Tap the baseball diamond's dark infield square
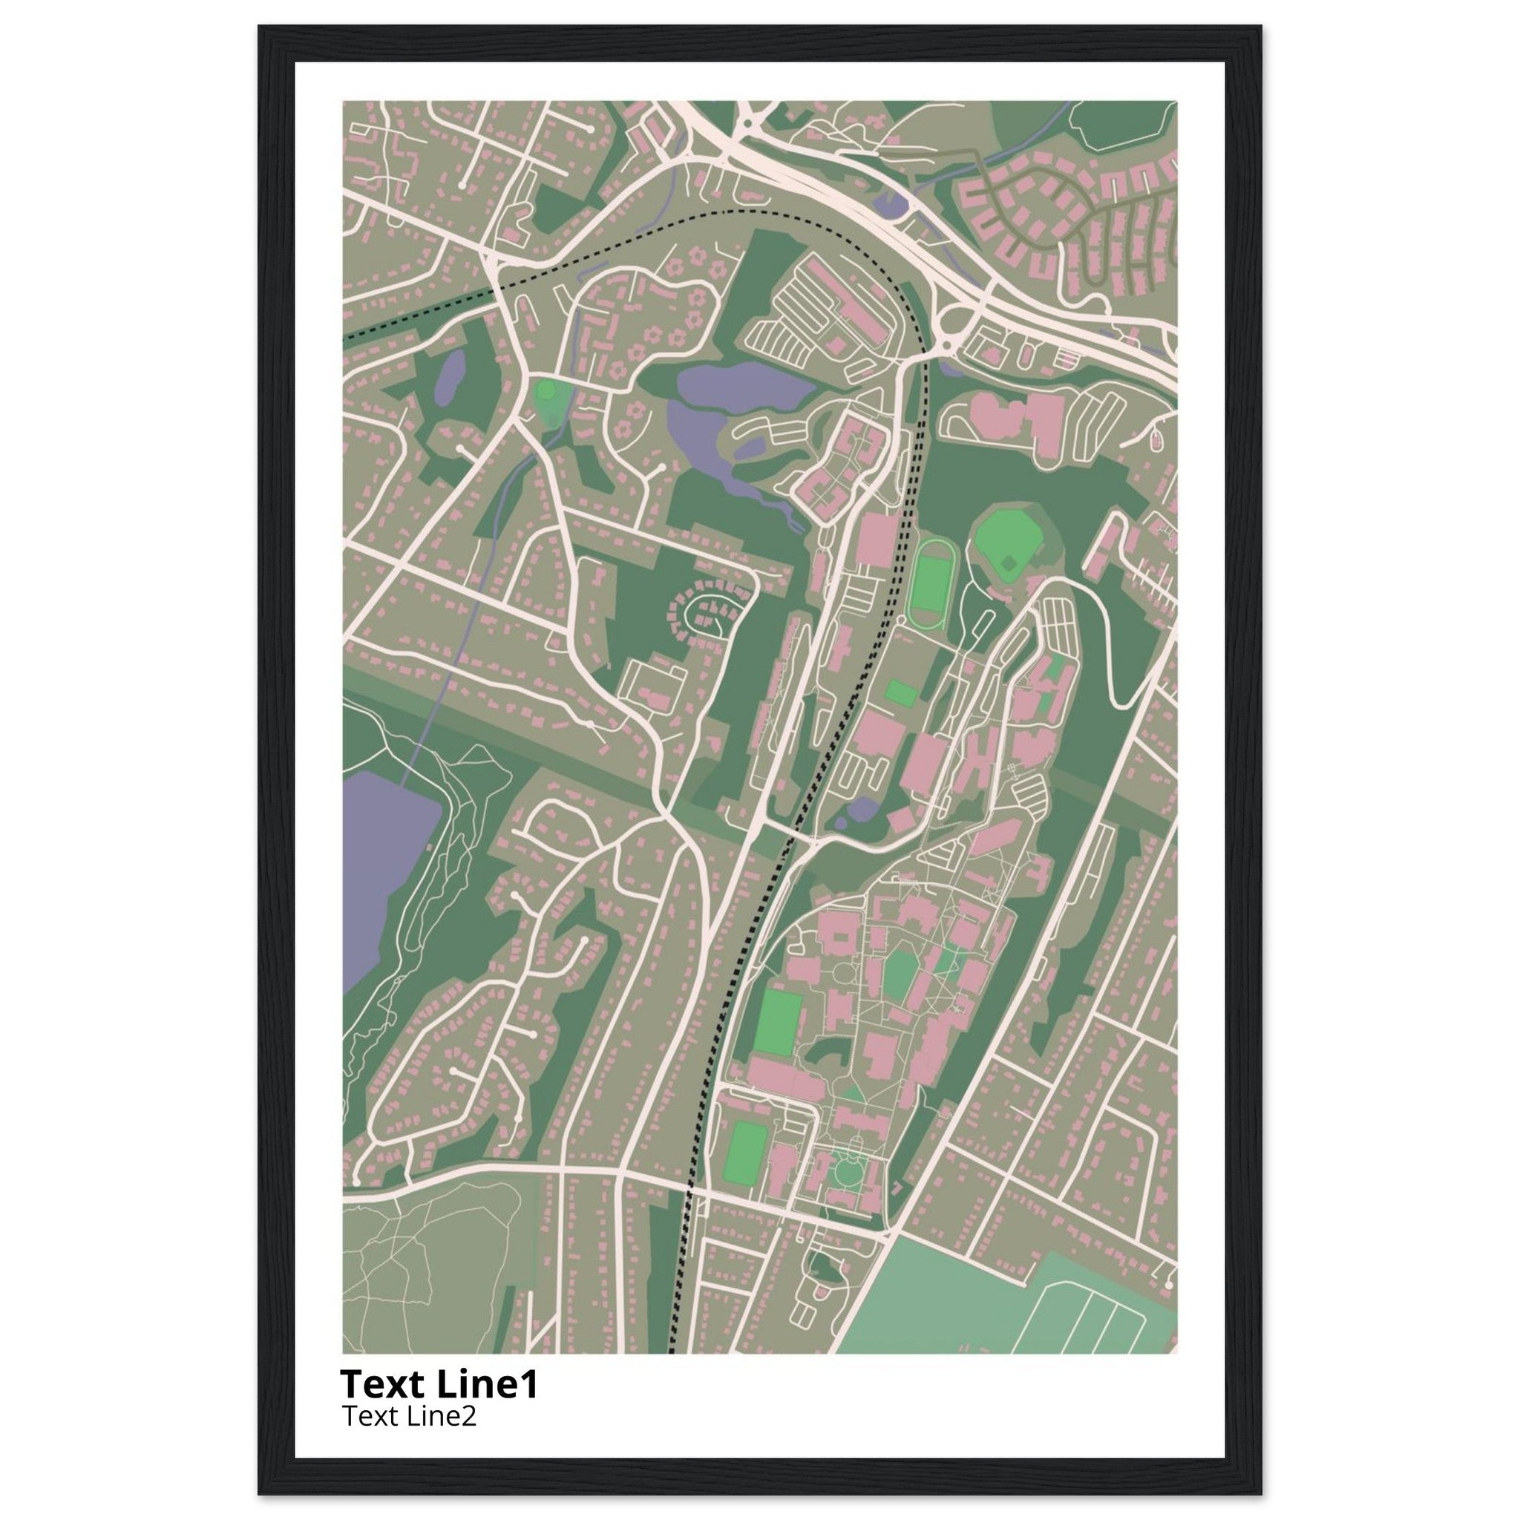[x=1008, y=563]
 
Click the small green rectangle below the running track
[x=901, y=693]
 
